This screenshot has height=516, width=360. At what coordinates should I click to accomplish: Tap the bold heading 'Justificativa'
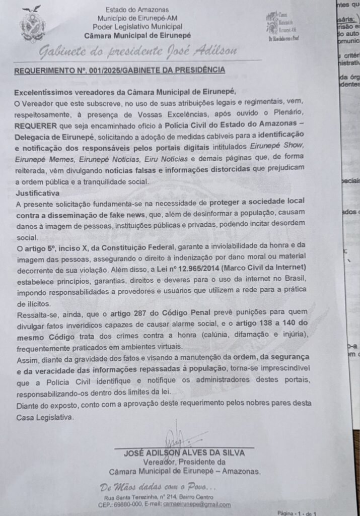pyautogui.click(x=37, y=193)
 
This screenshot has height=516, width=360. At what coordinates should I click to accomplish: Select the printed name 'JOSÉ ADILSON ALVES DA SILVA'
pyautogui.click(x=184, y=453)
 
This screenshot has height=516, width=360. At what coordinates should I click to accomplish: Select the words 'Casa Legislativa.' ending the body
pyautogui.click(x=44, y=417)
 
